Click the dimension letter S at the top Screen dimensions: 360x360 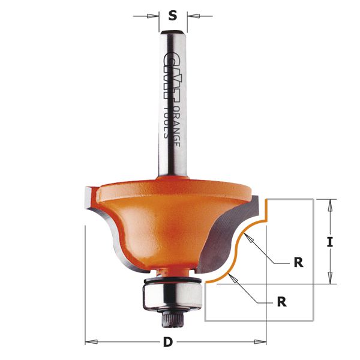[x=173, y=16]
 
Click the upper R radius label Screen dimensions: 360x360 [x=298, y=262]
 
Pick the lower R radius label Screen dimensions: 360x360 [x=281, y=302]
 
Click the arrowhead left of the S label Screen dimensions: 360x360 [x=154, y=17]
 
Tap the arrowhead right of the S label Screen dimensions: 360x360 [x=192, y=17]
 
